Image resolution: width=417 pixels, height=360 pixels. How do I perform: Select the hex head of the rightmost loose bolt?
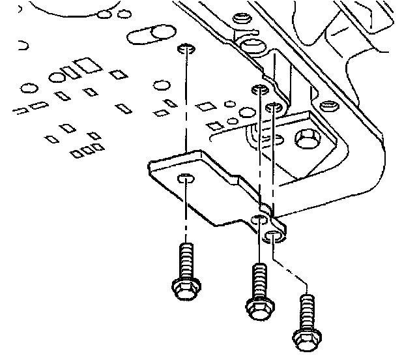(305, 337)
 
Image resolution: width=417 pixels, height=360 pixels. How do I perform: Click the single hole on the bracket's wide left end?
(186, 178)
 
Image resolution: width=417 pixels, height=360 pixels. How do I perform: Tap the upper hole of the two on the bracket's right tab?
(260, 218)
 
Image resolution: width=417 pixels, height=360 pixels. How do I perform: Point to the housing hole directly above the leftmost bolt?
(185, 48)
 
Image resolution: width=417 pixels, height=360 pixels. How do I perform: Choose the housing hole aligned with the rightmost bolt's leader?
(276, 106)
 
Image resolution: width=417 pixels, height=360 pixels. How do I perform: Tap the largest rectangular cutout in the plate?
(85, 65)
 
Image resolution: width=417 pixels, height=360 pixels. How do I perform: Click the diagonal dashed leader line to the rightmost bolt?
(291, 269)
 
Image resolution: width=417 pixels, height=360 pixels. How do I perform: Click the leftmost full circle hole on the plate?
(28, 87)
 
